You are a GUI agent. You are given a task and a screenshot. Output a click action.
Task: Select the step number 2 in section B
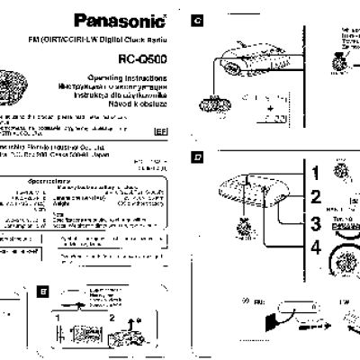[112, 316]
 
